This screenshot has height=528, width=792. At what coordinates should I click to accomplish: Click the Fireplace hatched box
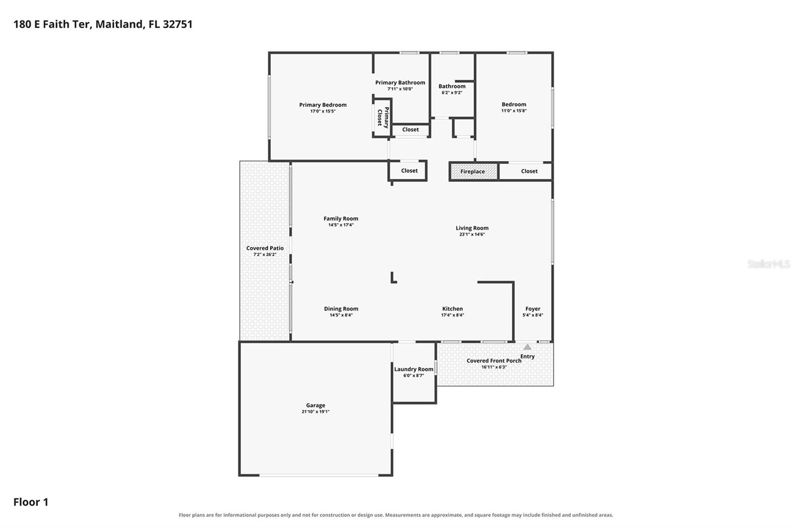click(474, 172)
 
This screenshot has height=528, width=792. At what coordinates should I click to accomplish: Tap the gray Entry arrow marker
click(527, 347)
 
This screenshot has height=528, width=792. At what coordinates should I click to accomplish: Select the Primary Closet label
click(383, 117)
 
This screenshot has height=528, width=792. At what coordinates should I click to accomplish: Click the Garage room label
click(315, 405)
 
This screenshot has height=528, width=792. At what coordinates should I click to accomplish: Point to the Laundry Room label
click(414, 369)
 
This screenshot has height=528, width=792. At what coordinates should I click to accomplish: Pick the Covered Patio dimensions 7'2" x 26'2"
click(265, 255)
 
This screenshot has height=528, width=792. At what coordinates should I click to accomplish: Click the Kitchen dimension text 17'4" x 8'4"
click(452, 315)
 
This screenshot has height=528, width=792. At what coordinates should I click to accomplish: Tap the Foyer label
click(533, 309)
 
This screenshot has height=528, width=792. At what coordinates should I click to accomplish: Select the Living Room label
click(472, 228)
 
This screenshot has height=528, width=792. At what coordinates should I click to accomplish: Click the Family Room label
click(341, 218)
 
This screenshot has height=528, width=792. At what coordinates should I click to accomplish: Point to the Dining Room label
click(341, 309)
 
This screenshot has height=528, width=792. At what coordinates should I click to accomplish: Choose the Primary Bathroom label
click(400, 82)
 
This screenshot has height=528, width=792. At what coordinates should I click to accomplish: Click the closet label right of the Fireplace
click(529, 171)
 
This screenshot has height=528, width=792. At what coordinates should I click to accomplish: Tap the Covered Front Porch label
click(494, 361)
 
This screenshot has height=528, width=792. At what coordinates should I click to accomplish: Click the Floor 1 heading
click(31, 502)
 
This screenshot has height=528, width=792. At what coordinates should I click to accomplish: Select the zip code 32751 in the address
click(178, 24)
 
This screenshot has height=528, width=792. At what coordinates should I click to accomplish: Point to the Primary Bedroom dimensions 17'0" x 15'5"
click(323, 111)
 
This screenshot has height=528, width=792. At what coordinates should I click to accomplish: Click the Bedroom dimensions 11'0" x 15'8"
click(514, 110)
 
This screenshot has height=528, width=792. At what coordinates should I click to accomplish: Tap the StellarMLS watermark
click(769, 264)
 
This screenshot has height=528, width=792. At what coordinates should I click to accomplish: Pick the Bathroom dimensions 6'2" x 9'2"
click(452, 92)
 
